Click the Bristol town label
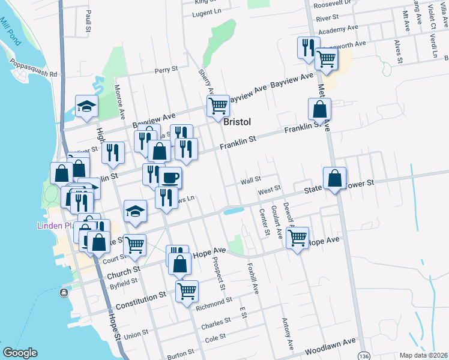pos(237,122)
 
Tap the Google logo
pos(20,353)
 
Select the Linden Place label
pos(58,226)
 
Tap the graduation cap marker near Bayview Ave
pos(87,106)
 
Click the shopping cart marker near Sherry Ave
pos(218,106)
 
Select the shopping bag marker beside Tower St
pos(334,178)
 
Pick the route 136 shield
pos(363,356)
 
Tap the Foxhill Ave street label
pos(255,280)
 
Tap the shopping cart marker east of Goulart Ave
pos(298,238)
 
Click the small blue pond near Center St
pos(233,211)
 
